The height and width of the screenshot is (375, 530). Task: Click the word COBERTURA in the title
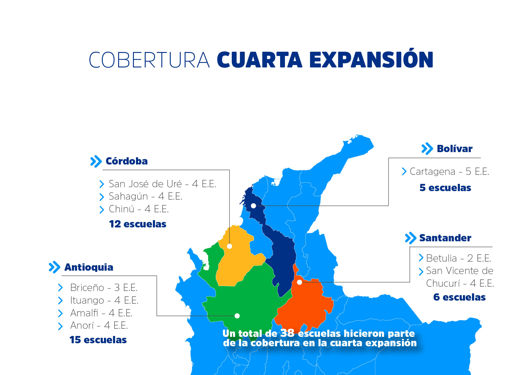[149, 60]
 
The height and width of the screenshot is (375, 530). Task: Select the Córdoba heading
[127, 161]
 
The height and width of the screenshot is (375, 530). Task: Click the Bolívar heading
[454, 149]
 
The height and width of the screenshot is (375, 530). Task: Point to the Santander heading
[445, 238]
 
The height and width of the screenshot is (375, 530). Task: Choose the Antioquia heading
[89, 267]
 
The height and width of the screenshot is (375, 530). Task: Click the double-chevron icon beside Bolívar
[427, 149]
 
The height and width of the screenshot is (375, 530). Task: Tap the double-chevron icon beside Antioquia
[55, 267]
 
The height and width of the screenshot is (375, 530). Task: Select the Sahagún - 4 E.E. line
[145, 197]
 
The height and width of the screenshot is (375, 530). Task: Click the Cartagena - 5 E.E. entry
[449, 171]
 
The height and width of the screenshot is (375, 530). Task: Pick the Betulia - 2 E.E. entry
[458, 258]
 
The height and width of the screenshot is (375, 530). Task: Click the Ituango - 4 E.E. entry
[104, 300]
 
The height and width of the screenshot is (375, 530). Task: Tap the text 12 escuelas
[137, 224]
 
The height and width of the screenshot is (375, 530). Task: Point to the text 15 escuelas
[98, 340]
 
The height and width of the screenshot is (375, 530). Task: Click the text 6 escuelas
[459, 297]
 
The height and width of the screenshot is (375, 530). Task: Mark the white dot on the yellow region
[230, 246]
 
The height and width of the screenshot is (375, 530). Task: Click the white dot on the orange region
[299, 282]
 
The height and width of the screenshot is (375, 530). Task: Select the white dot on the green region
[237, 316]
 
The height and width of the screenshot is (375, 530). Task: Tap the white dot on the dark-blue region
[254, 206]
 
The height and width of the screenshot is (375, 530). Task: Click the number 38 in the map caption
[287, 333]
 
